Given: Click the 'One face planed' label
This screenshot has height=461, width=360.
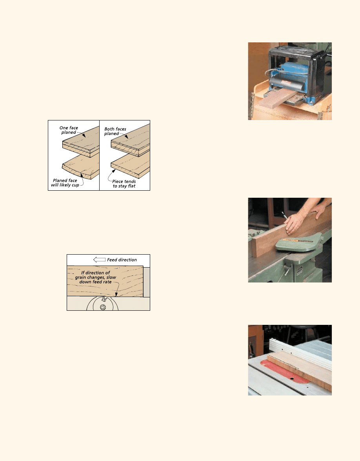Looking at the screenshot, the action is pyautogui.click(x=69, y=130).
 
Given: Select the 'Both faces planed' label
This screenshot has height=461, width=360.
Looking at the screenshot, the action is pyautogui.click(x=115, y=131).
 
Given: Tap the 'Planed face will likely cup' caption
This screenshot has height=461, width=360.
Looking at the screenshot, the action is pyautogui.click(x=65, y=182).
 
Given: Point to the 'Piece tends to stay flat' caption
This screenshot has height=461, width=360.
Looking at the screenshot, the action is pyautogui.click(x=124, y=184).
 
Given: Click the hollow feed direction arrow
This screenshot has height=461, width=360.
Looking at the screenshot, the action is pyautogui.click(x=99, y=260).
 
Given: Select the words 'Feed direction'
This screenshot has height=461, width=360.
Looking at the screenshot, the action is pyautogui.click(x=122, y=260).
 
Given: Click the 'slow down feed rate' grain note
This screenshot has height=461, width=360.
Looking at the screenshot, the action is pyautogui.click(x=96, y=277).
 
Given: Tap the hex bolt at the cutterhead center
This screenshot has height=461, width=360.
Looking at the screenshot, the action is pyautogui.click(x=103, y=307).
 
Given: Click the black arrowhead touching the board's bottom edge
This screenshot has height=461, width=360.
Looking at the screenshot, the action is pyautogui.click(x=116, y=294).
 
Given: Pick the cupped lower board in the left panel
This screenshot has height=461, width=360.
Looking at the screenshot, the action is pyautogui.click(x=80, y=167).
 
